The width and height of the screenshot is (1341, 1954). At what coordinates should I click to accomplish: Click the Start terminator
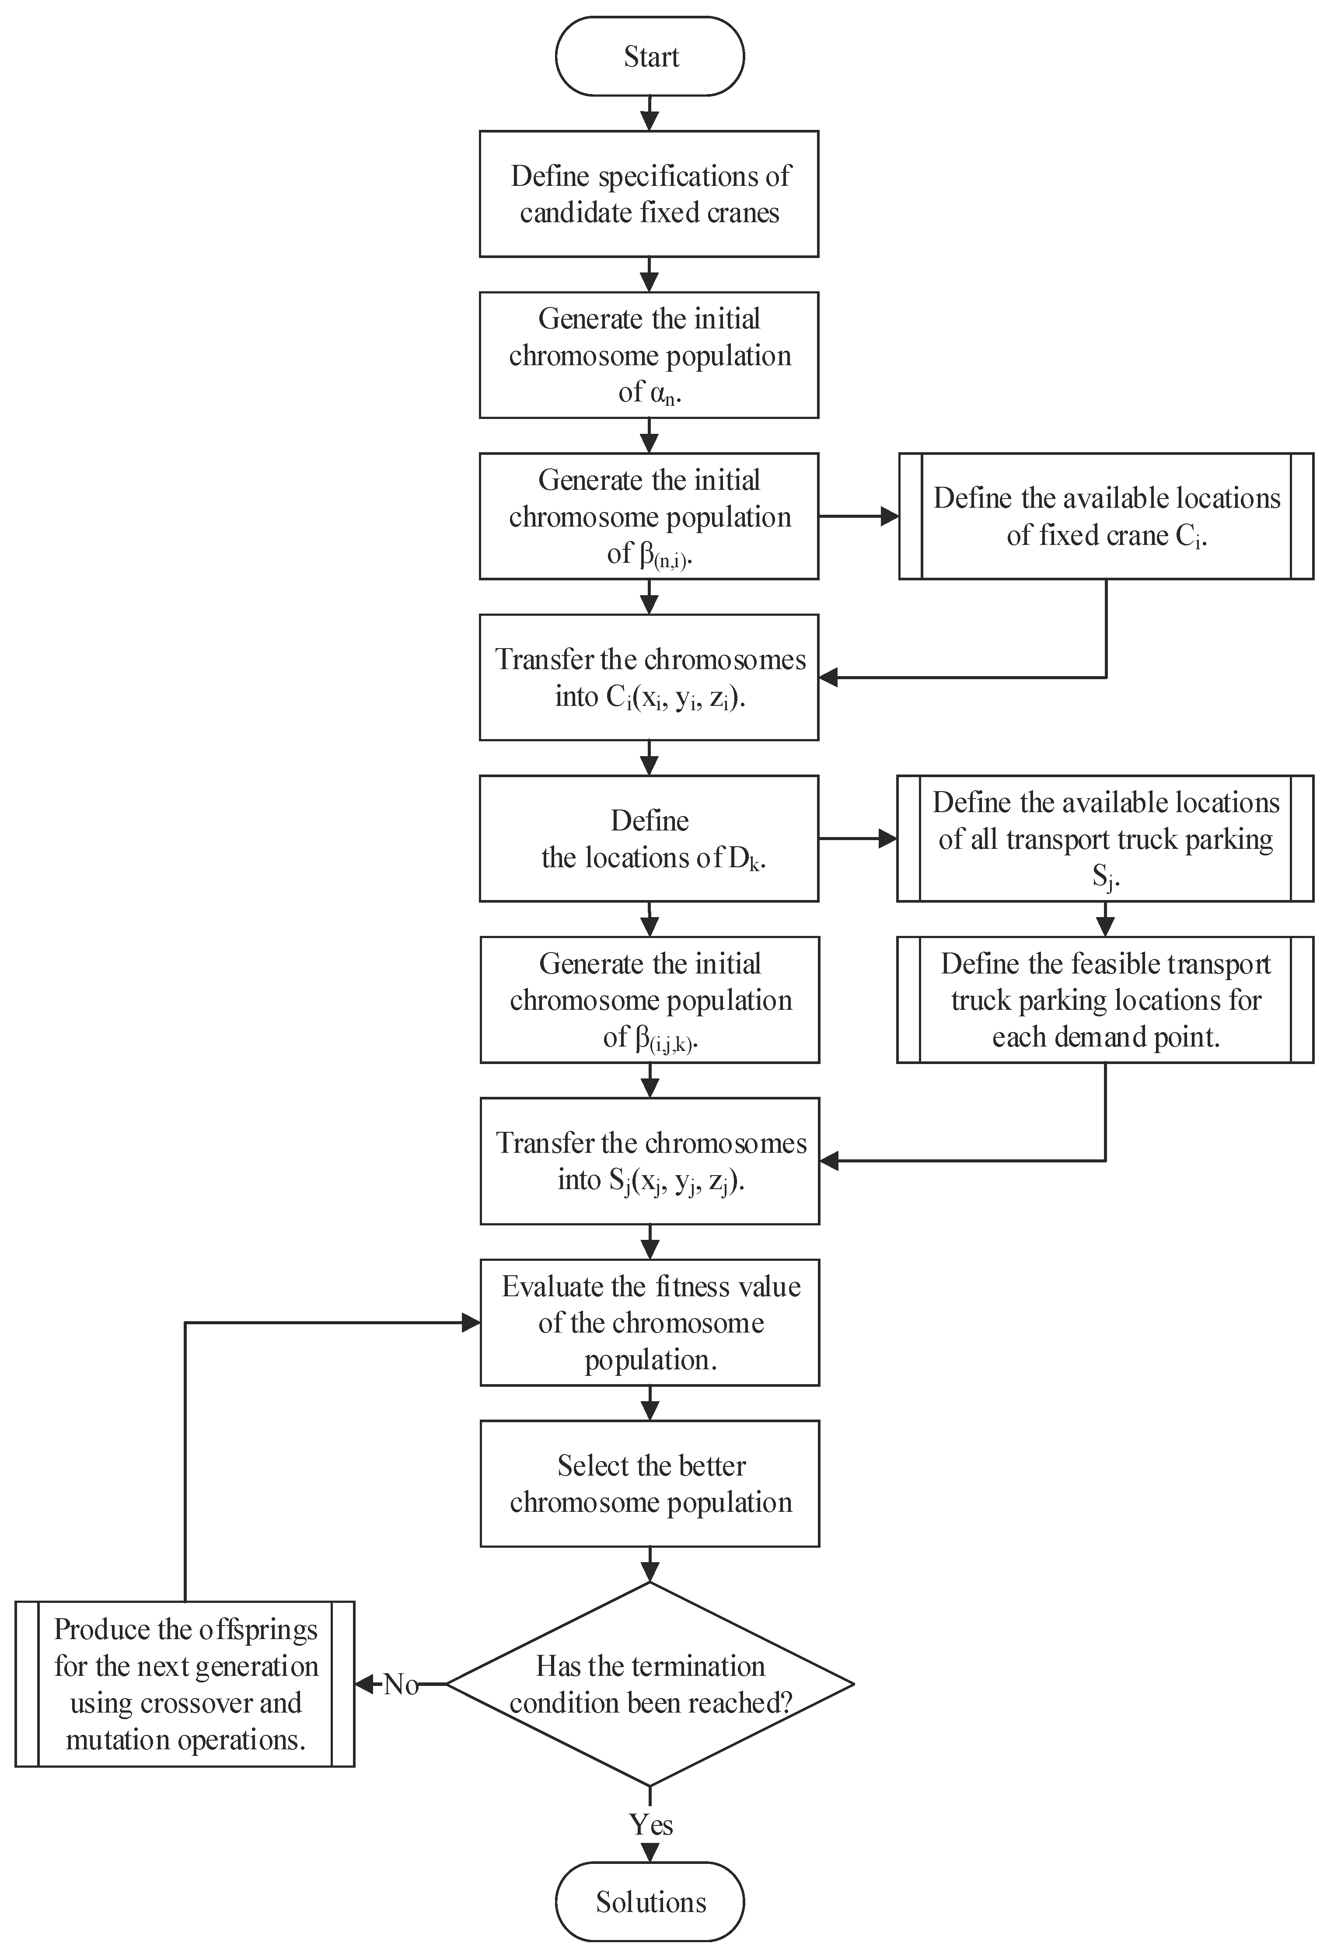pyautogui.click(x=650, y=56)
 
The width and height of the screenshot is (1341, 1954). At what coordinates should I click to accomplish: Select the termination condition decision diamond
pyautogui.click(x=650, y=1684)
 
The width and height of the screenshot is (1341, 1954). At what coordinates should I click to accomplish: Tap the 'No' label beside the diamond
pyautogui.click(x=401, y=1684)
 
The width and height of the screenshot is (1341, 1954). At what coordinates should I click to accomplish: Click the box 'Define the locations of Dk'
pyautogui.click(x=649, y=838)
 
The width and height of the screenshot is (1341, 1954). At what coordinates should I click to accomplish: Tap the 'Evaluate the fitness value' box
pyautogui.click(x=650, y=1322)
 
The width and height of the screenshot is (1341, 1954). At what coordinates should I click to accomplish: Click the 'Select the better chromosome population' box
pyautogui.click(x=650, y=1484)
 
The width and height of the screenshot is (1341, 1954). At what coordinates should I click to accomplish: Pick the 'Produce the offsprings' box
pyautogui.click(x=185, y=1684)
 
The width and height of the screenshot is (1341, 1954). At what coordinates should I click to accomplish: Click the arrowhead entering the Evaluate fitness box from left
pyautogui.click(x=471, y=1322)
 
